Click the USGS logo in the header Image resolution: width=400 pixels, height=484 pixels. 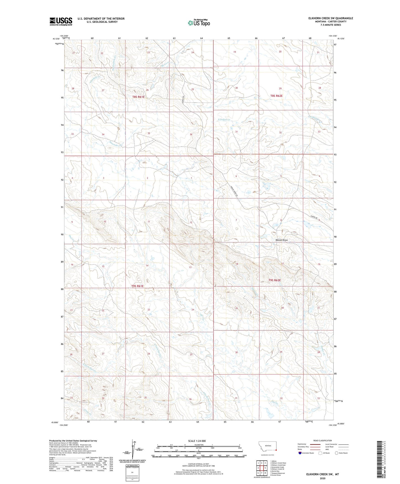click(61, 21)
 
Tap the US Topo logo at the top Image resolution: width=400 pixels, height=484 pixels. click(199, 23)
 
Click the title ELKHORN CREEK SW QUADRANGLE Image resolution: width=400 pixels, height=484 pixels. click(328, 18)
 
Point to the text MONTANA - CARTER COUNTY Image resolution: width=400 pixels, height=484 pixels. click(328, 22)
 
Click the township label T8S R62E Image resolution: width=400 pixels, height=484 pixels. click(277, 96)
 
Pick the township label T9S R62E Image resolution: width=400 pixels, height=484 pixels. click(275, 280)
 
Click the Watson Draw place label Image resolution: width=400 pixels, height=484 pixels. click(282, 240)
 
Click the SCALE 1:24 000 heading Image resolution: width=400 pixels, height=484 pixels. click(197, 441)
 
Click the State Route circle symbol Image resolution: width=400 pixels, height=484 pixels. click(337, 453)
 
